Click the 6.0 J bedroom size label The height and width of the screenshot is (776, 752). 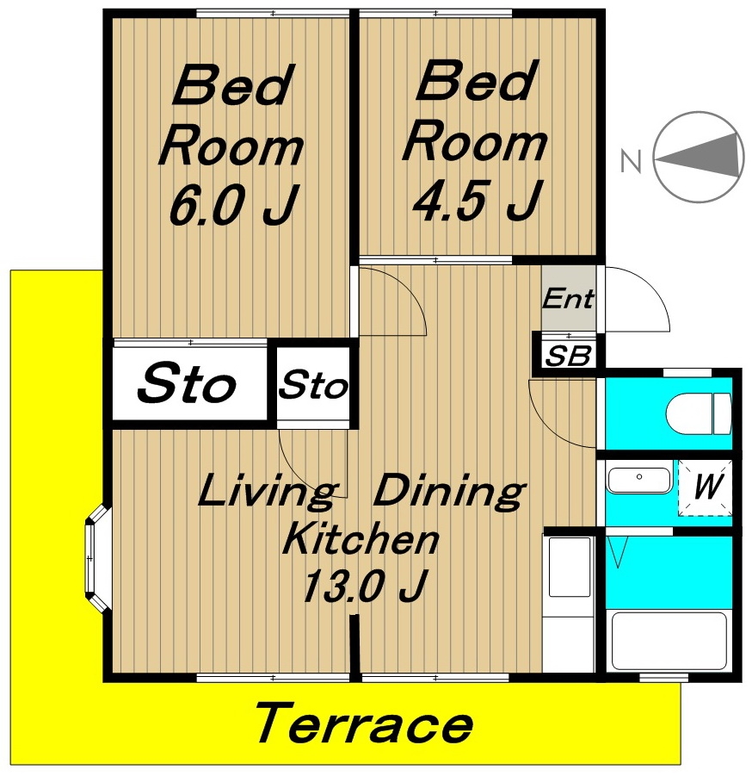[234, 204]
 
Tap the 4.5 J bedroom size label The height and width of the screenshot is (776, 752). [478, 200]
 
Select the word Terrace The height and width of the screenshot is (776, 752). [365, 723]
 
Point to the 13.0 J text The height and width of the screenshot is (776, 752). [364, 586]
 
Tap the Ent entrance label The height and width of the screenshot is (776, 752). [568, 298]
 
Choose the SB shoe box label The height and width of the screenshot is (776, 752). [568, 356]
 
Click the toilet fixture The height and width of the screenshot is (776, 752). [698, 413]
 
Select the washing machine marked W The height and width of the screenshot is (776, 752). [706, 487]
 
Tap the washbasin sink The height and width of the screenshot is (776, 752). [639, 480]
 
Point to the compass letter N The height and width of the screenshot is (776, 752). [631, 160]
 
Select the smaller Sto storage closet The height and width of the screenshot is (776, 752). [313, 384]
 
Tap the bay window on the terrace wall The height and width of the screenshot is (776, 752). [97, 558]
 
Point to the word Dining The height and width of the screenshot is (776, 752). [449, 490]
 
